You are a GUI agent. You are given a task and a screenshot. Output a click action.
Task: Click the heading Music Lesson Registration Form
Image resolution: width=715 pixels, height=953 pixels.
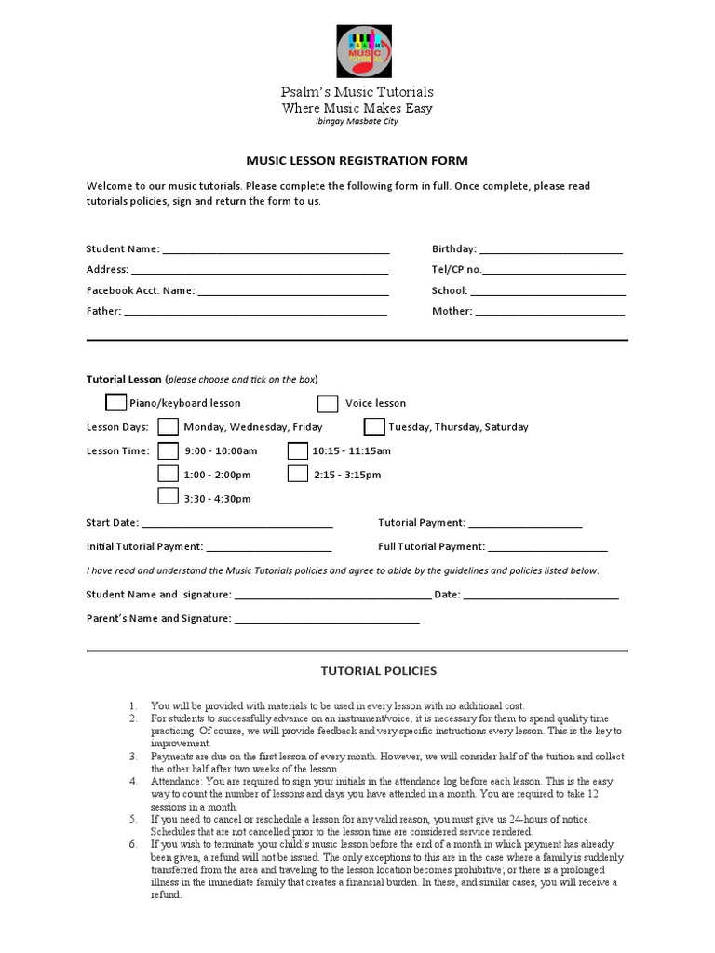point(357,161)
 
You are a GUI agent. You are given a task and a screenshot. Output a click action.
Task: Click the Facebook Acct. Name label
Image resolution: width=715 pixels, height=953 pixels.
point(140,290)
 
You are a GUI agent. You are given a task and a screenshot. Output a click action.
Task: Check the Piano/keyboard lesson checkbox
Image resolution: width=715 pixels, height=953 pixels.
point(115,403)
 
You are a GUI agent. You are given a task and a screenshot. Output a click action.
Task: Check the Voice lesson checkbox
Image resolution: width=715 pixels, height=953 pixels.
point(328,403)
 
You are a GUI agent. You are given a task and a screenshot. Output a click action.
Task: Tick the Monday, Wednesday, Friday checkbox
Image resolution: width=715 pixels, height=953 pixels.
point(168,427)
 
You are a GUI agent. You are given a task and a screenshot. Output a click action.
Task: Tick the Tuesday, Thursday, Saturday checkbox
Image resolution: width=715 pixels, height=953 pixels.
point(373,427)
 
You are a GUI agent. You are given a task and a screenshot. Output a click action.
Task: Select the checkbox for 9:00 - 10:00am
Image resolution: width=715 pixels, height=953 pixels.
point(168,450)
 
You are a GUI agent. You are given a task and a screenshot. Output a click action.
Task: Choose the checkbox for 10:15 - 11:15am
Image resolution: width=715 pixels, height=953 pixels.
point(297,450)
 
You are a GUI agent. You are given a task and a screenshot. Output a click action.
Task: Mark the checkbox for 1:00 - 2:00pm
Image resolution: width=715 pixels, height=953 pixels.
point(168,474)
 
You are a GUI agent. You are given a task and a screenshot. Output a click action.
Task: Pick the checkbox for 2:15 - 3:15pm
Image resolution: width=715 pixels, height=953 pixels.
point(297,474)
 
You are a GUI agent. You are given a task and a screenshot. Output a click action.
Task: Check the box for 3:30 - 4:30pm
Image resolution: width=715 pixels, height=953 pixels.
point(168,497)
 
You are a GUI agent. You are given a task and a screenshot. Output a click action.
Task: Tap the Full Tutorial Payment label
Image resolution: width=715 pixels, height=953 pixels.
point(431,547)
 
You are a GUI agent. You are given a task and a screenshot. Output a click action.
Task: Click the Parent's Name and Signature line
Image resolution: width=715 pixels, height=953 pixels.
point(326,620)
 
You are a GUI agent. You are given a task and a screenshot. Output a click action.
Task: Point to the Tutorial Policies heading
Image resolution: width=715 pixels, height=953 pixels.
point(365,670)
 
